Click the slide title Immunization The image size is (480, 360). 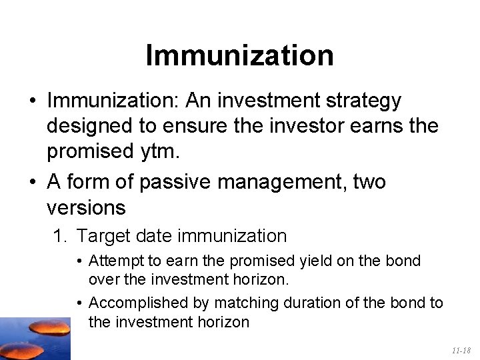pyautogui.click(x=239, y=55)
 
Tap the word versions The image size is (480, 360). pyautogui.click(x=86, y=207)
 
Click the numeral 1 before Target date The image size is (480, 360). pyautogui.click(x=58, y=236)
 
